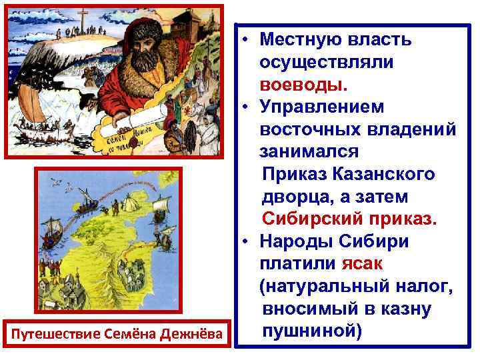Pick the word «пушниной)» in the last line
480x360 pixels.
[311, 331]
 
